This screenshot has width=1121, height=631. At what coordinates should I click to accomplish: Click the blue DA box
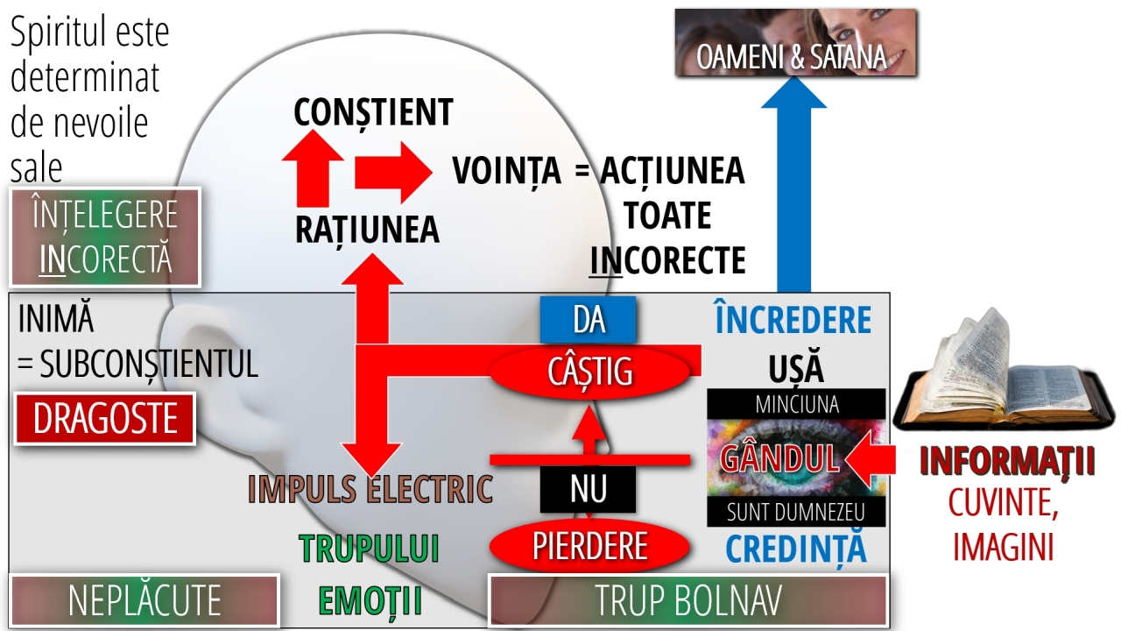(x=588, y=320)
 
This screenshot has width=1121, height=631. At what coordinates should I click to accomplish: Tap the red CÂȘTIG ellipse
(x=589, y=372)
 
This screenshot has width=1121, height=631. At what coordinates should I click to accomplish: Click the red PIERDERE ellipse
(x=589, y=547)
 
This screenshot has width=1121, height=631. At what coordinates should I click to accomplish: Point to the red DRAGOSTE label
(x=105, y=419)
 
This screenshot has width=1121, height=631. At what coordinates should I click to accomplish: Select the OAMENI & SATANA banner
(x=796, y=44)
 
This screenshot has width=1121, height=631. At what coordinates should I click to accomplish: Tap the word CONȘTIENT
(x=373, y=112)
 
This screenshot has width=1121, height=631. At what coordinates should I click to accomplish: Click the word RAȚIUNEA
(x=367, y=230)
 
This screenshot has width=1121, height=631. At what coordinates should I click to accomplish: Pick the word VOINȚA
(x=507, y=171)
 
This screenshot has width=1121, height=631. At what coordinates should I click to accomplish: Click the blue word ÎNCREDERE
(x=793, y=321)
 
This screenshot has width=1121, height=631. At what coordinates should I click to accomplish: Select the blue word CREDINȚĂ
(x=796, y=549)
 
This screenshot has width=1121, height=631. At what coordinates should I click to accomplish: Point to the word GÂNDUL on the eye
(x=780, y=457)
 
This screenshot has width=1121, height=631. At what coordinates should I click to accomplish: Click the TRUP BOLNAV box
(x=687, y=601)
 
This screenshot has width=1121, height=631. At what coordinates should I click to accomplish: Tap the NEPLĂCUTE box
(x=145, y=601)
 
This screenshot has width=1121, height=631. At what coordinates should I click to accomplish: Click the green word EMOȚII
(x=370, y=602)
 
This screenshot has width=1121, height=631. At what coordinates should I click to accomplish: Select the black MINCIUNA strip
(x=796, y=404)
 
